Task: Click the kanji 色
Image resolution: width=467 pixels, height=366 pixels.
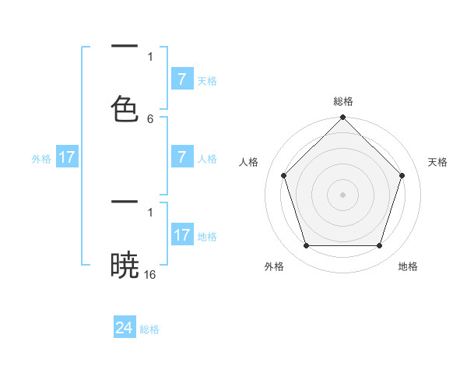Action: (x=125, y=108)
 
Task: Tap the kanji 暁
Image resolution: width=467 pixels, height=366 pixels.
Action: (x=125, y=265)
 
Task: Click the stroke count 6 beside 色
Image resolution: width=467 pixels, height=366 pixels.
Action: (x=150, y=119)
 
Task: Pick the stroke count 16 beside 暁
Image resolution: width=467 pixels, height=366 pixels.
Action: (x=150, y=275)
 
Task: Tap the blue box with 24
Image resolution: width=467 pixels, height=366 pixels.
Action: (x=125, y=329)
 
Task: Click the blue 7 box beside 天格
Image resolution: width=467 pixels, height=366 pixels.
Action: (x=181, y=79)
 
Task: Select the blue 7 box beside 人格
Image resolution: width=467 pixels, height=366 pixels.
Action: (x=181, y=157)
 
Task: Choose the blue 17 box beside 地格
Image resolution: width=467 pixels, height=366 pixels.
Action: (x=181, y=235)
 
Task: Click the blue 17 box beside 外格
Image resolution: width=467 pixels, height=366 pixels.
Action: (x=67, y=157)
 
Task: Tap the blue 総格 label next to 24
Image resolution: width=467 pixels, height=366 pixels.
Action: (x=149, y=329)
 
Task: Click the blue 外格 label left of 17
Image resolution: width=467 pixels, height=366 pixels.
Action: (x=41, y=158)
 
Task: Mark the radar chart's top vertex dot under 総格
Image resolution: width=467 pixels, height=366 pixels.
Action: (x=342, y=118)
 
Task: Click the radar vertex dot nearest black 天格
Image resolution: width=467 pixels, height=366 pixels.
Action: (x=402, y=175)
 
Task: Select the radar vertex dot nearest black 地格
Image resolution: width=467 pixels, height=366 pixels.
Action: (x=380, y=246)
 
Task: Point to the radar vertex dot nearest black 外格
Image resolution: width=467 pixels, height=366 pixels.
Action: (x=306, y=246)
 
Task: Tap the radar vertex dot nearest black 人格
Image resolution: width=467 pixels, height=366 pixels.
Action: (x=283, y=175)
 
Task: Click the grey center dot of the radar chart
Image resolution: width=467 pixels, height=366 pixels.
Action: (x=342, y=194)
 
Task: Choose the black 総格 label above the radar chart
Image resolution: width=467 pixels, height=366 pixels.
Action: (x=342, y=101)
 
